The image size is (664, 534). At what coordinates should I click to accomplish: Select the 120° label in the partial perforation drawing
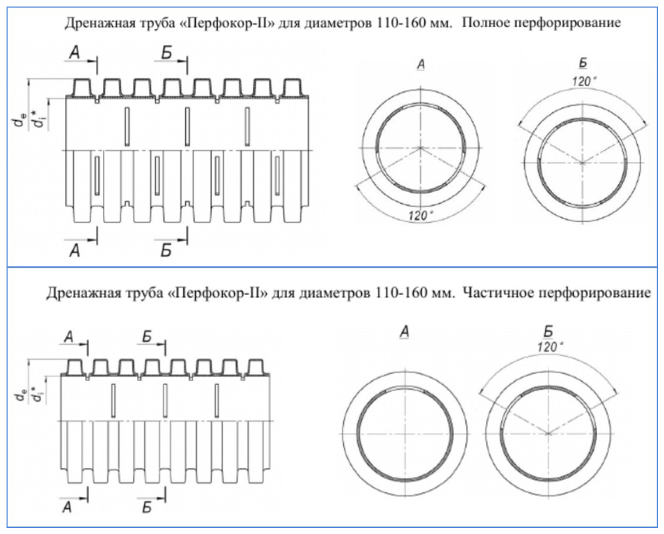[548, 347]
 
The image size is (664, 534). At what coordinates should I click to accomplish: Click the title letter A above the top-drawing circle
[420, 64]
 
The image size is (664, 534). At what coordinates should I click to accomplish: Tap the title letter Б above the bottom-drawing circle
[548, 331]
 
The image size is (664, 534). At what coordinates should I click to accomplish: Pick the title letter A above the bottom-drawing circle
[404, 332]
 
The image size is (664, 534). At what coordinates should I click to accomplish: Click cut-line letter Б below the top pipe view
[166, 250]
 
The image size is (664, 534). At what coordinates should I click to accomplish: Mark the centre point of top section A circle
[420, 147]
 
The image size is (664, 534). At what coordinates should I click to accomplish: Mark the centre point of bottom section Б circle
[548, 433]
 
